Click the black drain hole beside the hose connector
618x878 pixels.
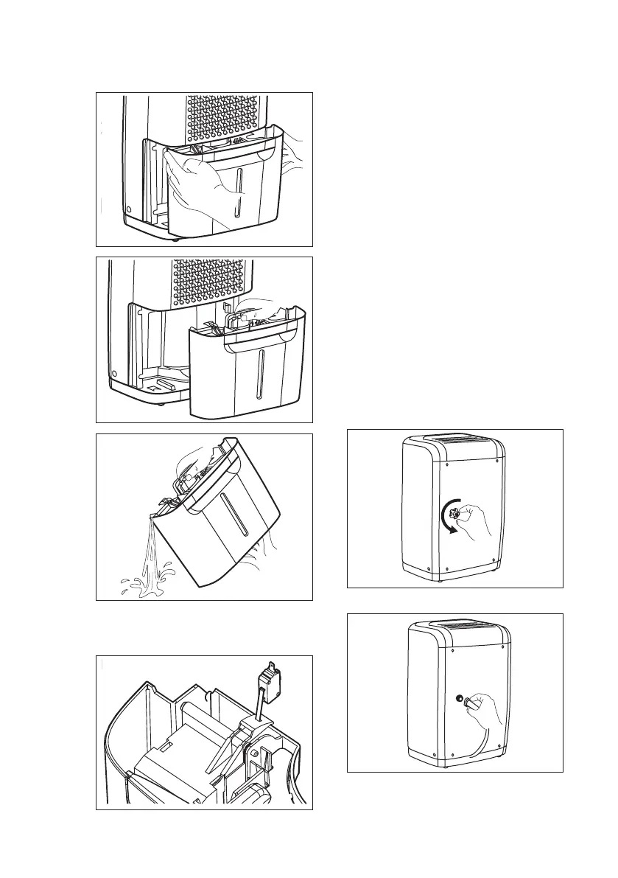[459, 697]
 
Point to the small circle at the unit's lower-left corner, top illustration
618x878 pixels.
[129, 210]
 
